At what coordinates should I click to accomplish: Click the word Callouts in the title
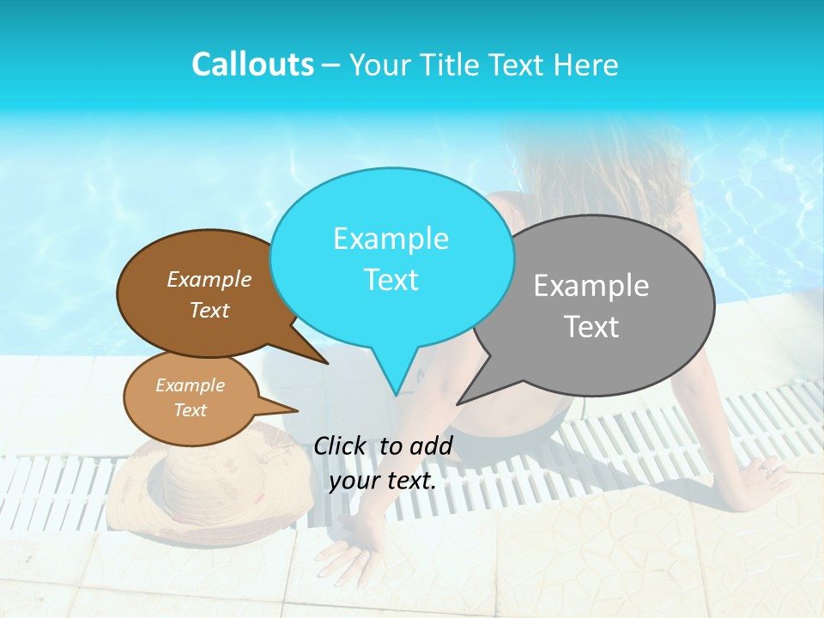252,64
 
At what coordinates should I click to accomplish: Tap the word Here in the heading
586,64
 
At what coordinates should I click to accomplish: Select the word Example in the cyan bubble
391,239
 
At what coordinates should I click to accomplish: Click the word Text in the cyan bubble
391,280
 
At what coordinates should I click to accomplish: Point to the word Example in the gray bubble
591,286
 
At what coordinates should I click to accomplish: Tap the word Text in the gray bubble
591,327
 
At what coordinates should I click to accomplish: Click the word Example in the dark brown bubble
209,279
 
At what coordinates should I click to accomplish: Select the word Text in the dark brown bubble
209,310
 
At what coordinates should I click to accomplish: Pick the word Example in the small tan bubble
190,385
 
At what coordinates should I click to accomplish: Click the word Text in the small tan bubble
190,410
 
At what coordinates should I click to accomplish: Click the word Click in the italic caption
342,445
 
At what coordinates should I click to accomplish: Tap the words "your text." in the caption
383,481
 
